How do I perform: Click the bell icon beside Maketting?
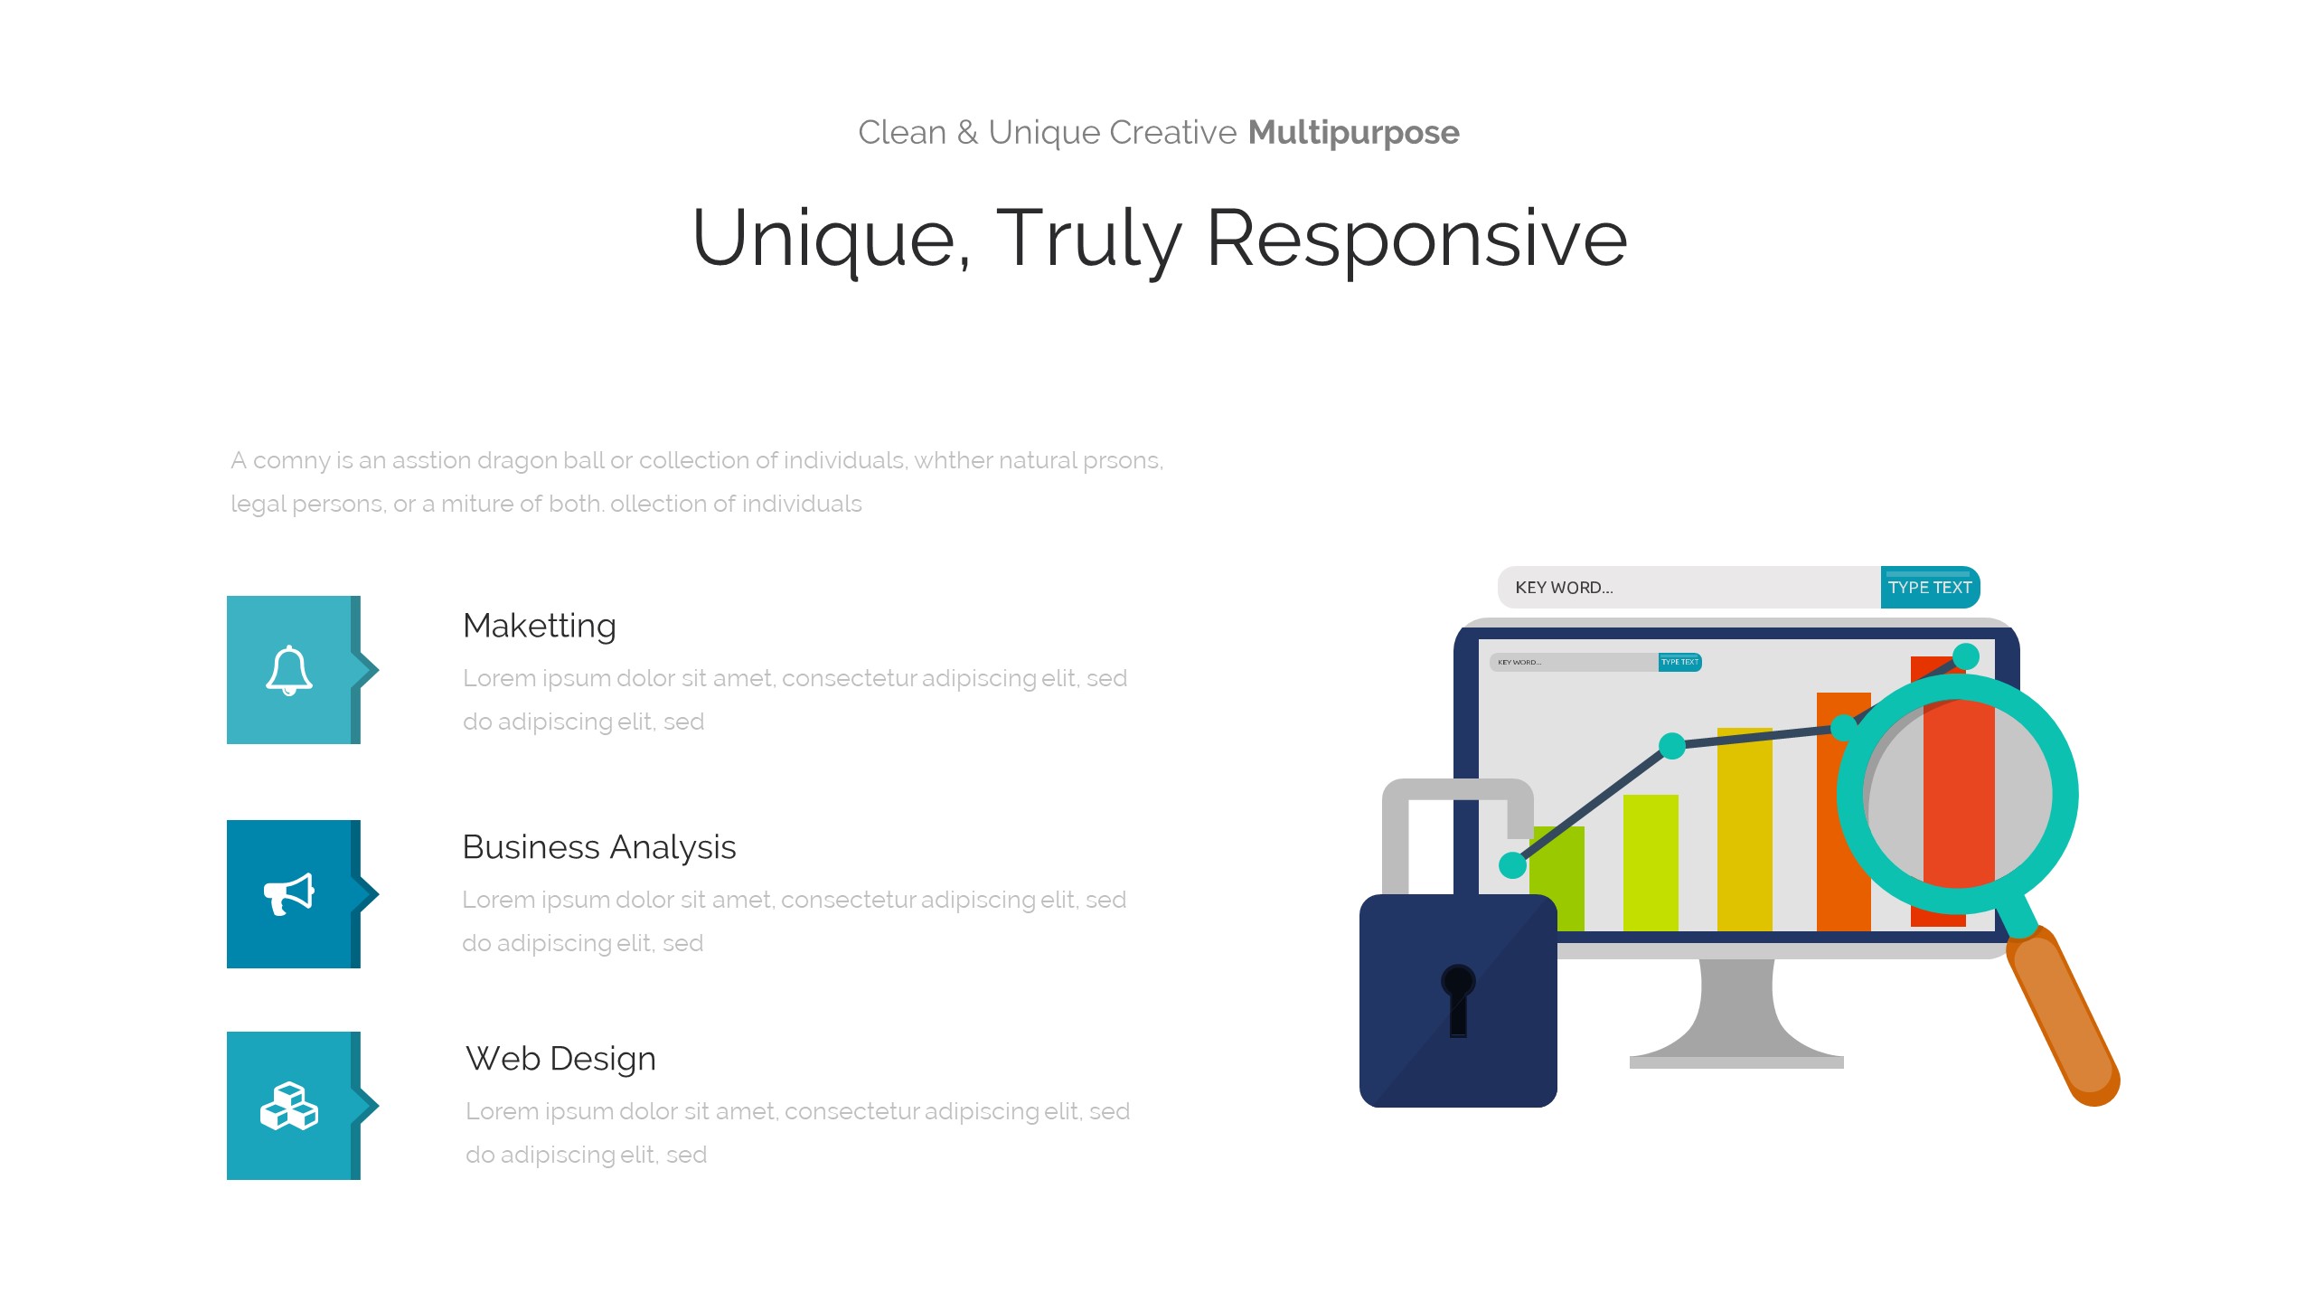(289, 670)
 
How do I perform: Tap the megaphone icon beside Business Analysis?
(289, 894)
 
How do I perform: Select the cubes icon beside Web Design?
(289, 1106)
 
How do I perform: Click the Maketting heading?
(540, 626)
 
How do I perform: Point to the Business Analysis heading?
(599, 847)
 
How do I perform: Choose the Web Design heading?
(560, 1059)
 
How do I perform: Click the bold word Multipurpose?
(1353, 133)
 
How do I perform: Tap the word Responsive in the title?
(1416, 239)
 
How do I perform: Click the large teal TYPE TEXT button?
(1930, 588)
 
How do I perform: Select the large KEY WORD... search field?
(1689, 588)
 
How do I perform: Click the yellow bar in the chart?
(1745, 829)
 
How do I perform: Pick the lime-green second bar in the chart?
(1651, 863)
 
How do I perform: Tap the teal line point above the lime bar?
(1672, 746)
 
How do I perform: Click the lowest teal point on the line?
(1513, 865)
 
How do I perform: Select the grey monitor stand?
(1736, 1013)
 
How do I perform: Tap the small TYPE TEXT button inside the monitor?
(1680, 662)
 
